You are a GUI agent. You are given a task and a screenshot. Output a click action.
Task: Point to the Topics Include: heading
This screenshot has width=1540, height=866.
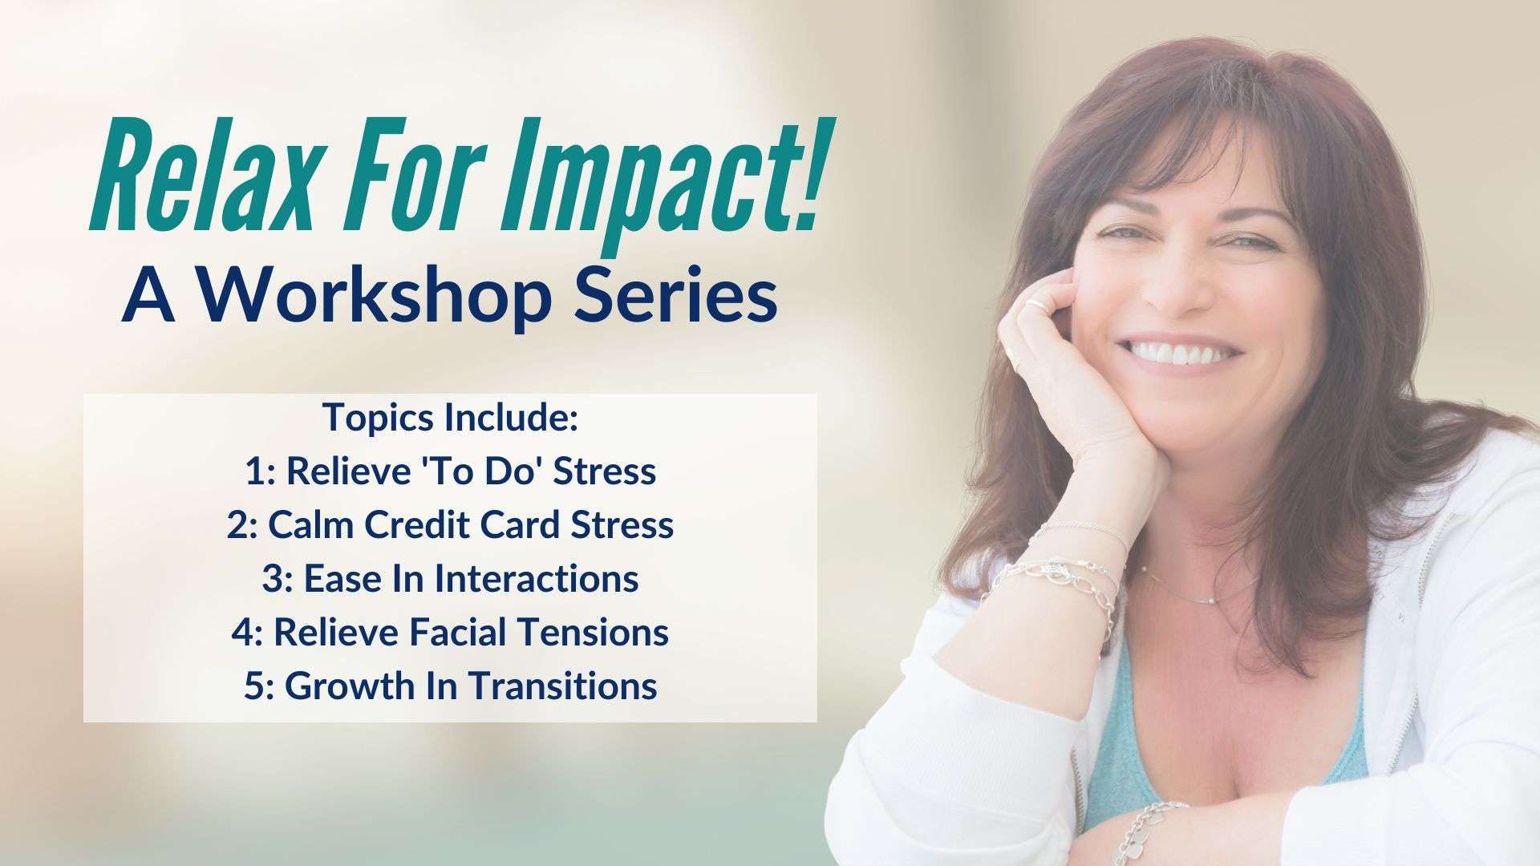450,418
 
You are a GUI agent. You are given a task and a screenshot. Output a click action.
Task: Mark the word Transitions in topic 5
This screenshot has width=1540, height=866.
562,686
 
